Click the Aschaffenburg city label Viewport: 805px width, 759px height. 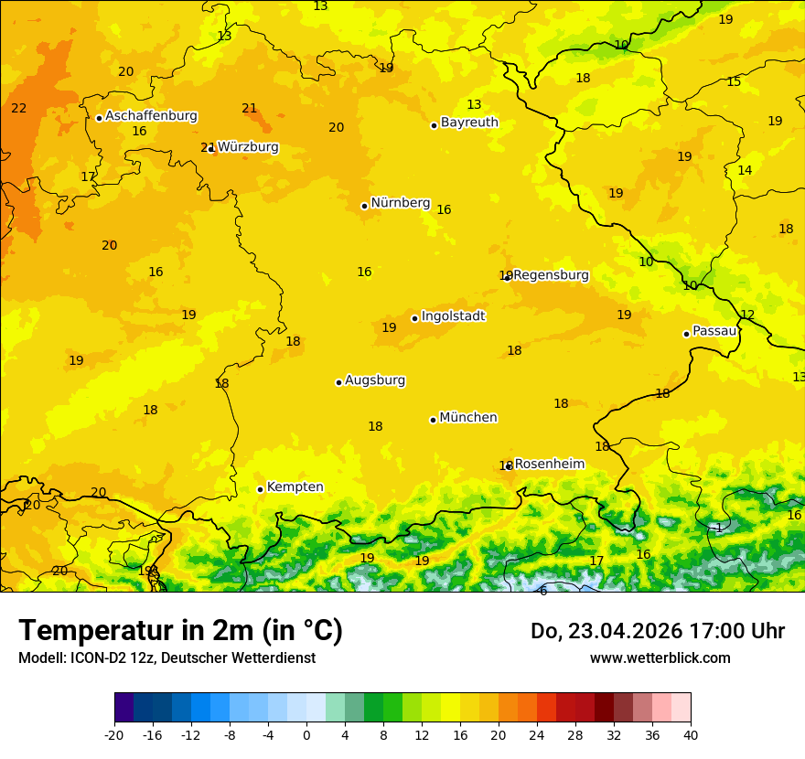(151, 116)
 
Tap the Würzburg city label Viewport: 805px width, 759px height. (248, 147)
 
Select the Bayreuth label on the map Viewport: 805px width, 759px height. (469, 123)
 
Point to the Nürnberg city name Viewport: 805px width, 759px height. (400, 203)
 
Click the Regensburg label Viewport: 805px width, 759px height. (551, 275)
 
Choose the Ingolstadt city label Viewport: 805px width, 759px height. (453, 316)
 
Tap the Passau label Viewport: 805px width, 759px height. (714, 331)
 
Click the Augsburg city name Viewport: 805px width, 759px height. (375, 380)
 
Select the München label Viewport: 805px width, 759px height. (468, 418)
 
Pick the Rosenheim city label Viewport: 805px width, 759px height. (549, 465)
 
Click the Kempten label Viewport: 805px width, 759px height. (295, 487)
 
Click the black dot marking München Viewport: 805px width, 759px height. (433, 420)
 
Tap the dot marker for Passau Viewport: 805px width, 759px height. (686, 334)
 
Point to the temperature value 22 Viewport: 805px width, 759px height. (19, 109)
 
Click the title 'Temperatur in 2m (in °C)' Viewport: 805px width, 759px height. (180, 631)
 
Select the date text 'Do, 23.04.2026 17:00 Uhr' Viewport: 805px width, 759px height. (658, 631)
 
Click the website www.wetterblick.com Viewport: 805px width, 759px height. (660, 658)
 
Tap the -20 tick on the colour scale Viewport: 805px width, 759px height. (114, 734)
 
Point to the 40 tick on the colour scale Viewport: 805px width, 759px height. (691, 734)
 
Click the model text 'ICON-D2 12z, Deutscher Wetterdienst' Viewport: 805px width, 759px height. (198, 658)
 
